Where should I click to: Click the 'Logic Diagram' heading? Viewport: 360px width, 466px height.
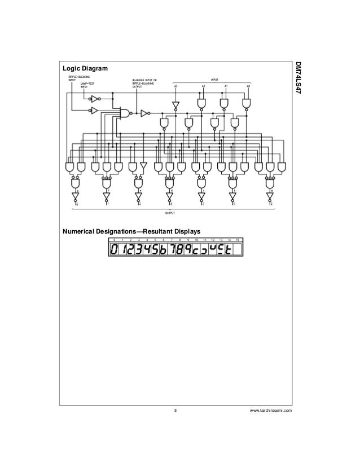(x=84, y=69)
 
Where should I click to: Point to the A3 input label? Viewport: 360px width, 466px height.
(x=175, y=85)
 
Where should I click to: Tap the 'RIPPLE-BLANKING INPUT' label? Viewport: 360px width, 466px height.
(x=77, y=78)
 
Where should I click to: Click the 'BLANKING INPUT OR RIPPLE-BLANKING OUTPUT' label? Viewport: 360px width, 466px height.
(x=145, y=83)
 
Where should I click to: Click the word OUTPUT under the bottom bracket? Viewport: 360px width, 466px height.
(x=169, y=213)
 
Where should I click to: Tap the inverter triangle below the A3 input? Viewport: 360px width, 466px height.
(x=175, y=105)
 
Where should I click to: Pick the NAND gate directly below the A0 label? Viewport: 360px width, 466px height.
(x=247, y=103)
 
